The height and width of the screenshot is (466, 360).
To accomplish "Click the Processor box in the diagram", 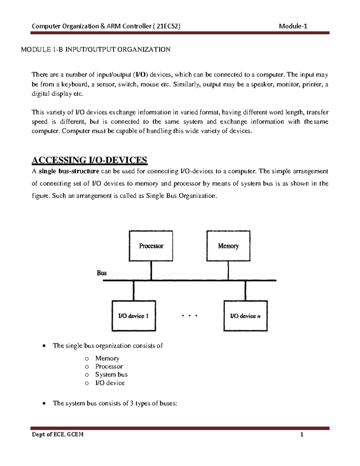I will tap(151, 246).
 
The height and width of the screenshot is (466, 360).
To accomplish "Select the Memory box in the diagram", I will tap(228, 246).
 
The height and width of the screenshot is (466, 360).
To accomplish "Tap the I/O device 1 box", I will tap(134, 316).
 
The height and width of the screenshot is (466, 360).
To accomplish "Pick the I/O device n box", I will tap(245, 316).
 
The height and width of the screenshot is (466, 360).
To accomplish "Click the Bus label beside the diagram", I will tap(102, 273).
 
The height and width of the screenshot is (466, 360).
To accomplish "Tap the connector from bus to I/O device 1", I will tap(134, 290).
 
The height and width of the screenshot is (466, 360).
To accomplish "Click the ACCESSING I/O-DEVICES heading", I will tap(89, 160).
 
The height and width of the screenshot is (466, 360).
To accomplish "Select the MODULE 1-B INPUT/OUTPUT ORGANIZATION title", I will tap(95, 50).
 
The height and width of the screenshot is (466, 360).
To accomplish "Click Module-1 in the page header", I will tap(293, 26).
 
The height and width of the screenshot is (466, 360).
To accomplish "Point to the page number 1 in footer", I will tap(302, 434).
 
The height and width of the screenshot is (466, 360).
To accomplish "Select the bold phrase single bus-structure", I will tap(69, 171).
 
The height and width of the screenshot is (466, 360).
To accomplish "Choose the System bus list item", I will tap(111, 374).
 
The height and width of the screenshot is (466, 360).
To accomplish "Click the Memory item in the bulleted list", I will tap(107, 358).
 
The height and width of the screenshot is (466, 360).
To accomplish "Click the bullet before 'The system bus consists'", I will tap(44, 404).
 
